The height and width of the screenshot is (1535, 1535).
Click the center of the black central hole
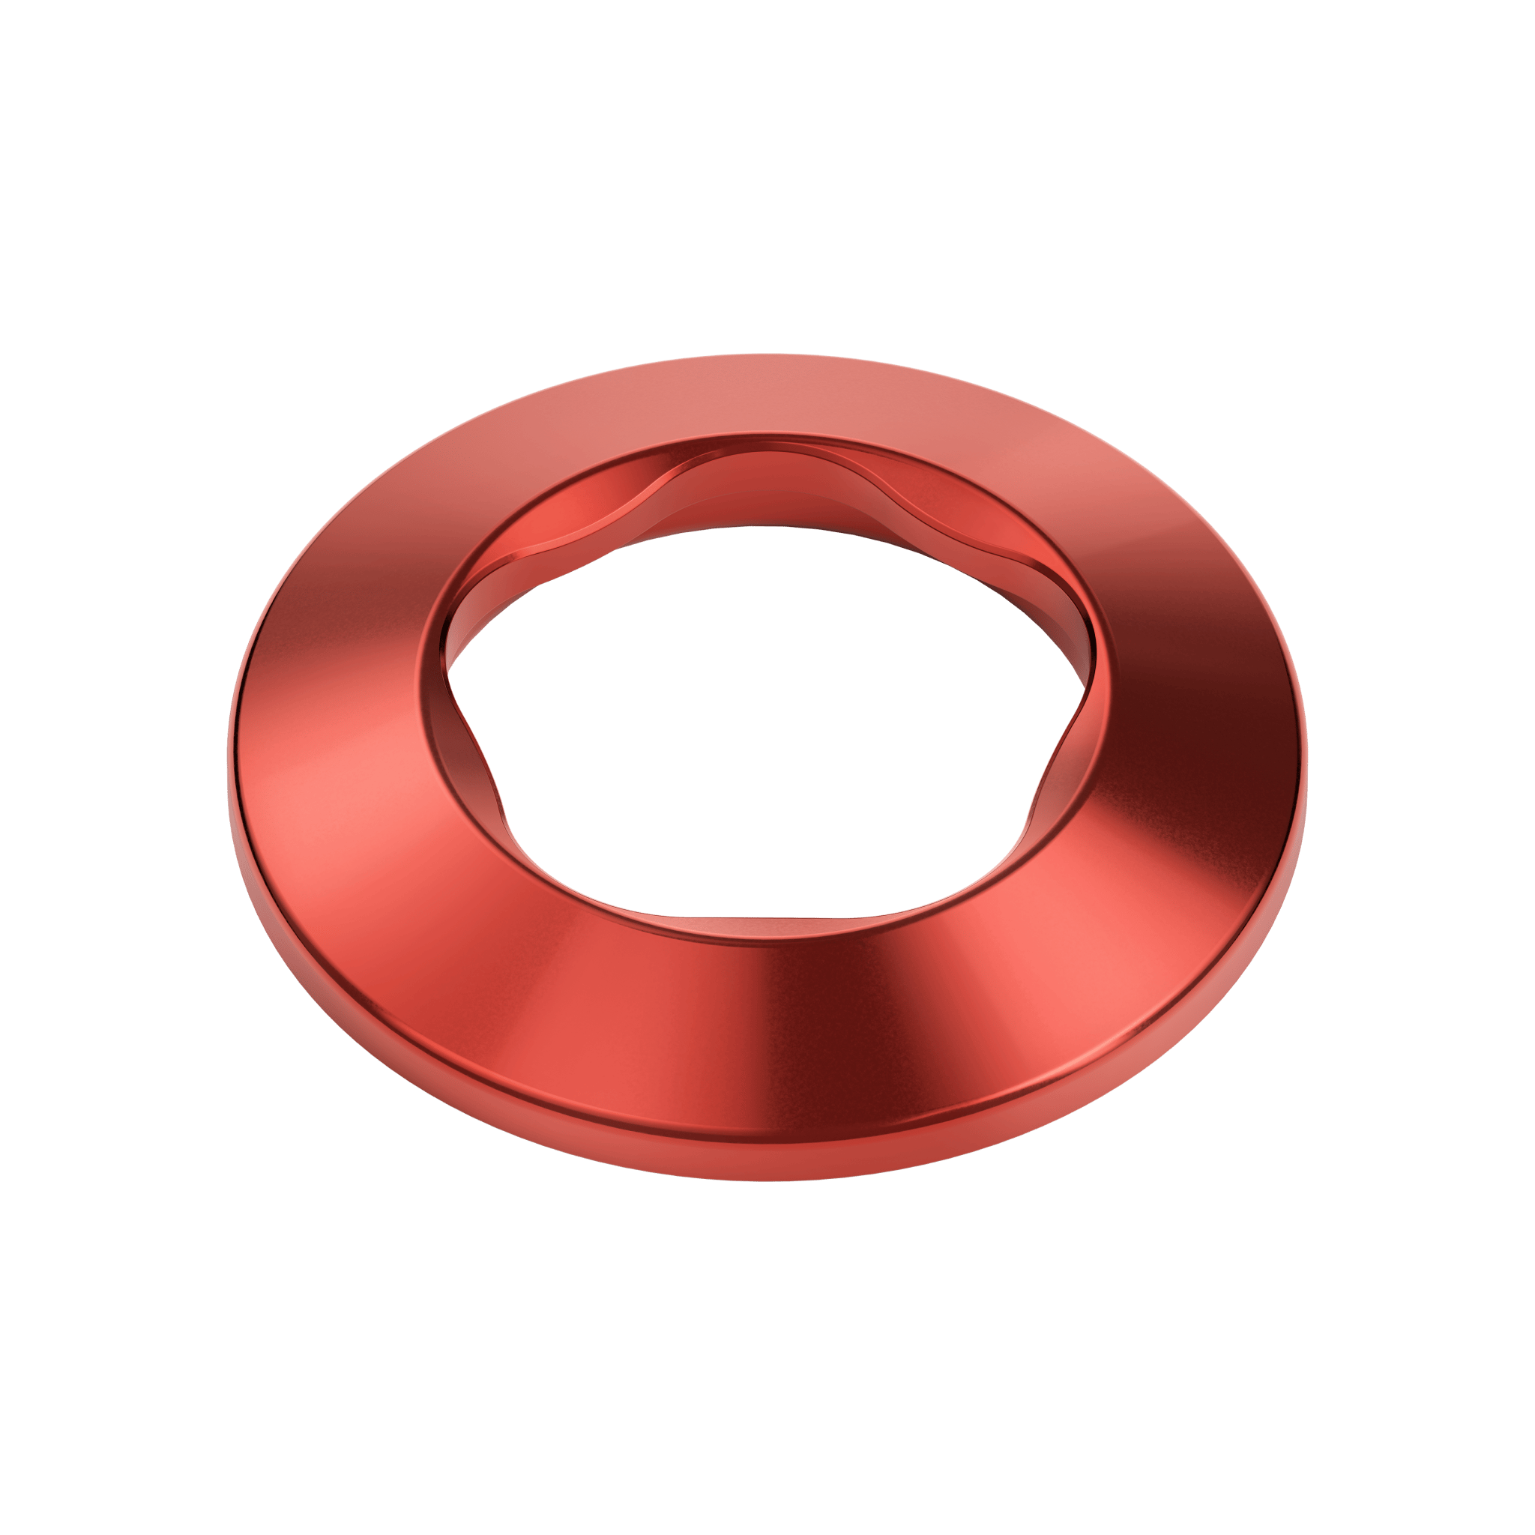point(763,715)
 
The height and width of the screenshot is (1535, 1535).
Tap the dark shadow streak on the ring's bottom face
point(775,1025)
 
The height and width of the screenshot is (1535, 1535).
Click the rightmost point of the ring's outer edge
point(1306,763)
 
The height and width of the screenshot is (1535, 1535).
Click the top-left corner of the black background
point(4,4)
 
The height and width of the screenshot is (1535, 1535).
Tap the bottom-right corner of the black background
point(1531,1531)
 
